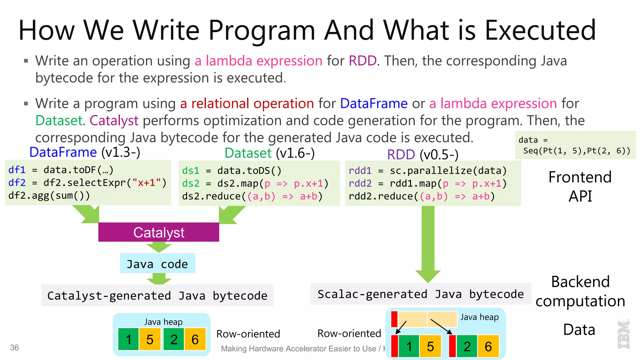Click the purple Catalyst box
[x=158, y=232]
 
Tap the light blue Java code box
[x=157, y=264]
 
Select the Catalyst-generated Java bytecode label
[x=157, y=295]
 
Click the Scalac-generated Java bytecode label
[x=420, y=294]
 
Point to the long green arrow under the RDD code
[x=428, y=241]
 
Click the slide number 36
[x=14, y=347]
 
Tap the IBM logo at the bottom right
[x=623, y=334]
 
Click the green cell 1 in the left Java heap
[x=128, y=339]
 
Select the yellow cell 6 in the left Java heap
[x=195, y=339]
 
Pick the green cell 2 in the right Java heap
[x=467, y=346]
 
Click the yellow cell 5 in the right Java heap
[x=430, y=346]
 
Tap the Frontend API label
[x=580, y=187]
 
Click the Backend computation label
[x=580, y=291]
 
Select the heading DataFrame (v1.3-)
[x=85, y=152]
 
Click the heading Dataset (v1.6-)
[x=269, y=153]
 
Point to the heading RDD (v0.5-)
[x=422, y=154]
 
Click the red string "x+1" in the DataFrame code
[x=147, y=182]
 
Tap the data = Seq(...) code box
[x=575, y=145]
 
